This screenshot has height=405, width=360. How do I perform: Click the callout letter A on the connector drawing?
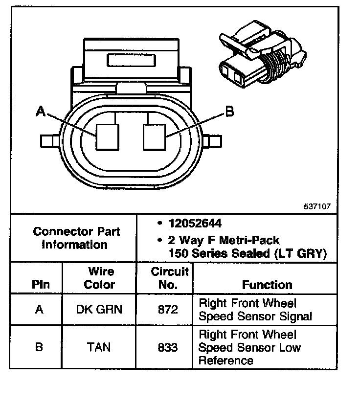click(x=41, y=112)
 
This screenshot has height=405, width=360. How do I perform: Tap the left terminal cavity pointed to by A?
click(x=107, y=136)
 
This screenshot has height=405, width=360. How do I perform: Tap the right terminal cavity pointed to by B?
click(x=154, y=136)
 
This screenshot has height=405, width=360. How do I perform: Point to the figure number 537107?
click(x=317, y=206)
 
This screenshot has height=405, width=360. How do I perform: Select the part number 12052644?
click(x=195, y=224)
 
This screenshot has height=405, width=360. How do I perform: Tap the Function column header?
click(x=267, y=285)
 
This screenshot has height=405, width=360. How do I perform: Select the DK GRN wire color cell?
click(x=99, y=310)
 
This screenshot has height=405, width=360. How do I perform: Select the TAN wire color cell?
click(x=99, y=347)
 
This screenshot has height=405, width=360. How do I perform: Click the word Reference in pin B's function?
click(x=225, y=360)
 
